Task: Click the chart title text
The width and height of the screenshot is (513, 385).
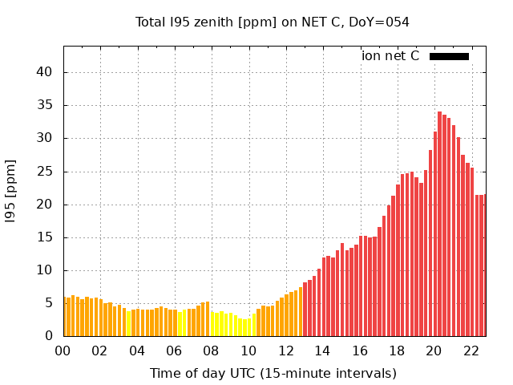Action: coord(273,22)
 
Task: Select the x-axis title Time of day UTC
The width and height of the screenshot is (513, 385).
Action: coord(273,373)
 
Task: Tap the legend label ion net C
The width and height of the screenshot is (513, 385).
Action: coord(390,56)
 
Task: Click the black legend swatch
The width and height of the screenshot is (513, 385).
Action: coord(449,56)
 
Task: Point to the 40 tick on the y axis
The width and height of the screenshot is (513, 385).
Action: coord(44,72)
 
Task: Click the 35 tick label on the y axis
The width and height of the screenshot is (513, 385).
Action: coord(44,105)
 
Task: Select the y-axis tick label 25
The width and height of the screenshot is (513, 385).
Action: coord(44,172)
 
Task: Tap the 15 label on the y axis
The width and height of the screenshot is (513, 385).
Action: coord(44,237)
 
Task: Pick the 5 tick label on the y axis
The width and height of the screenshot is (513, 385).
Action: coord(48,303)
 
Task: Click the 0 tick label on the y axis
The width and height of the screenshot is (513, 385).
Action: coord(48,336)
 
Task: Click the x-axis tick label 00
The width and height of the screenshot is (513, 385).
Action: coord(63,351)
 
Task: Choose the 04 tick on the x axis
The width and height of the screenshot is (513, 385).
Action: coord(137,351)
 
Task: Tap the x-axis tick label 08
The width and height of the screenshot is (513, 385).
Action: coord(211,351)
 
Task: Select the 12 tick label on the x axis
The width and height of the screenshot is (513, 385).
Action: coord(285,351)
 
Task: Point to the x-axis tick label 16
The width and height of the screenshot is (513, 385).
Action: coord(360,351)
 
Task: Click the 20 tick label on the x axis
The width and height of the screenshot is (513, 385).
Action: coord(434,351)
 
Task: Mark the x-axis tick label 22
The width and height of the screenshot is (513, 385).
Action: coord(471,351)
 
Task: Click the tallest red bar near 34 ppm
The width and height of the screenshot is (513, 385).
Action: coord(440,225)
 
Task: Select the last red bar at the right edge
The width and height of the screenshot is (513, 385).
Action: coord(483,265)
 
